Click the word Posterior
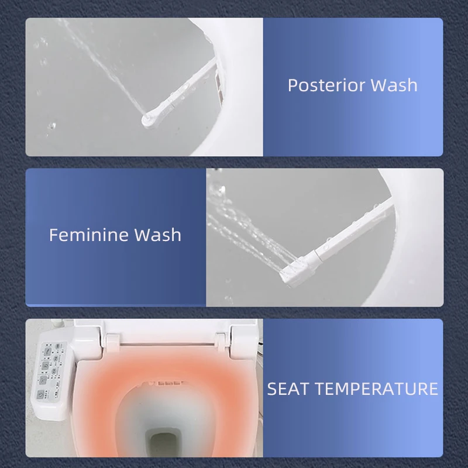pos(319,85)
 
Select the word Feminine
pos(88,235)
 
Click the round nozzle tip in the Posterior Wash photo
pos(147,119)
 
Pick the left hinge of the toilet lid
pos(112,338)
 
